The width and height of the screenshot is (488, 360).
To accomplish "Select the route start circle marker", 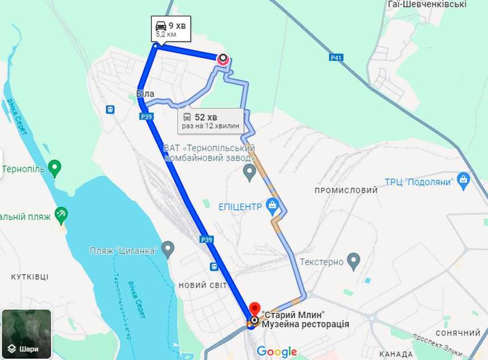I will click(x=223, y=57).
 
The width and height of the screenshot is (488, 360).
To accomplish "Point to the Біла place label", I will click(x=145, y=94).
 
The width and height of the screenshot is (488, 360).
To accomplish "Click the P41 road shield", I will click(x=336, y=57).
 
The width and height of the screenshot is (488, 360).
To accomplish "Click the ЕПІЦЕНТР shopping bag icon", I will click(x=272, y=205).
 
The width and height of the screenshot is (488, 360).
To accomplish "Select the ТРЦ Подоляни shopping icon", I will click(x=464, y=181).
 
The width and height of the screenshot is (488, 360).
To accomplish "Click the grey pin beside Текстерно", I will click(x=354, y=262).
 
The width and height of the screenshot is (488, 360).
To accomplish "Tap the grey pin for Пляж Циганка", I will click(x=167, y=249).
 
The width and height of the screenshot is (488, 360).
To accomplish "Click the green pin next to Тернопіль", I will click(x=55, y=168).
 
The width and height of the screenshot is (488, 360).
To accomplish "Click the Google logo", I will click(x=277, y=351).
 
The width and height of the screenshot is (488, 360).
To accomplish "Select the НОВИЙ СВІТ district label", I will click(x=203, y=285).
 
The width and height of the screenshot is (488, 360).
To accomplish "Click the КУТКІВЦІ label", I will click(x=30, y=277).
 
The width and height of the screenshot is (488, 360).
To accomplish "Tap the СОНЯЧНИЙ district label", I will click(x=458, y=333).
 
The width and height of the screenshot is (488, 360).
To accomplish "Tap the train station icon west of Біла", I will click(x=110, y=109).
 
